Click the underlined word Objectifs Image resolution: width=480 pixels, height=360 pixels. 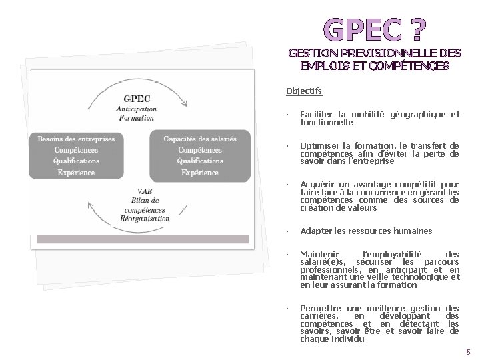303,91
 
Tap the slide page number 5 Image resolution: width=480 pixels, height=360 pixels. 468,351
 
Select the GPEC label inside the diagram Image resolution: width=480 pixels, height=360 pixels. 137,99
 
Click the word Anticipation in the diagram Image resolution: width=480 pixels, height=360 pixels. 136,109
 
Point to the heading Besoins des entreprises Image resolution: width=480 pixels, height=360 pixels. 76,139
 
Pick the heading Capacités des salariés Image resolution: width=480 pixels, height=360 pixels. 200,139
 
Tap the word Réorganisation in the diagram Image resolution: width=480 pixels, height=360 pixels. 145,219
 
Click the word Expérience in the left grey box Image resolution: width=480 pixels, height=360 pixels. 76,172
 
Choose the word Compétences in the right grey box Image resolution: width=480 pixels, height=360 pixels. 200,150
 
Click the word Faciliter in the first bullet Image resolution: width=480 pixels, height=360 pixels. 315,115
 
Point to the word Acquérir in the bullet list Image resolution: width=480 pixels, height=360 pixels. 317,184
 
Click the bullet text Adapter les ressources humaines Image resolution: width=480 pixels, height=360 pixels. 366,231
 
